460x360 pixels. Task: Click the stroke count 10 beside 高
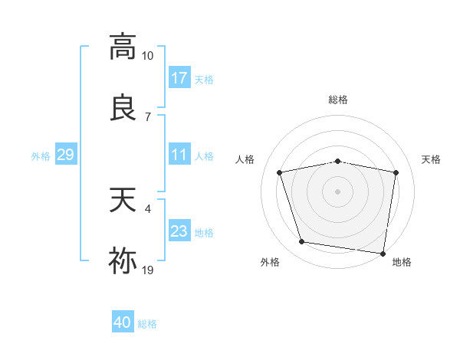pos(148,56)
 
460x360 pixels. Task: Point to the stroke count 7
pos(147,116)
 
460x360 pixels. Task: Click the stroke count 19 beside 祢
pos(148,270)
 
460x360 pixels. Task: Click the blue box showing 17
pos(179,78)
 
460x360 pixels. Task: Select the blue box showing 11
pos(179,155)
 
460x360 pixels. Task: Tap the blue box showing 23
pos(179,231)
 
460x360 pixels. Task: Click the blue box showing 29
pos(65,155)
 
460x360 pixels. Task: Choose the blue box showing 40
pos(123,322)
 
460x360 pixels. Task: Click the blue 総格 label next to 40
pos(147,324)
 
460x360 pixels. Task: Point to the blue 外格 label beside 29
pos(41,156)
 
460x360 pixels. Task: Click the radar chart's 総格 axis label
pos(338,100)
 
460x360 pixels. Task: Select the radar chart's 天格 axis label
pos(432,159)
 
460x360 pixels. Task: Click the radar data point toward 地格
pos(383,253)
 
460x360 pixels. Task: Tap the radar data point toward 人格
pos(280,172)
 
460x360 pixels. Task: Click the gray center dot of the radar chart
pos(338,191)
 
